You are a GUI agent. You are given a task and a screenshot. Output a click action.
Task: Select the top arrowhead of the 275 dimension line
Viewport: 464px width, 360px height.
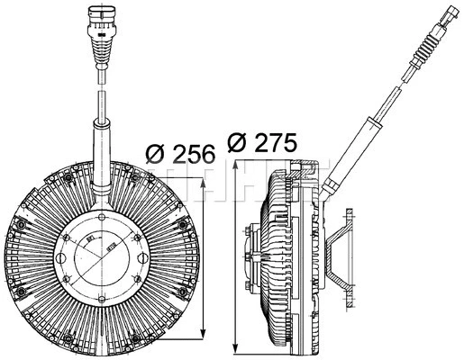[x=235, y=168]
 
